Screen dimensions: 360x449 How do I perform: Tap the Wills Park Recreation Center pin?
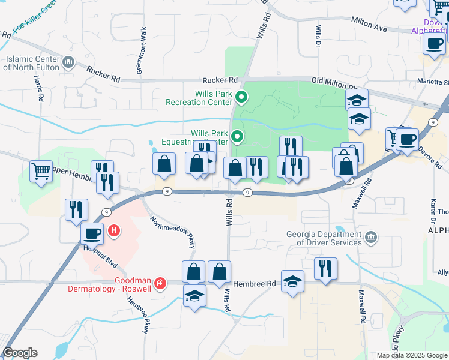click(241, 96)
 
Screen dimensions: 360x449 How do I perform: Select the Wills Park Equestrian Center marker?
click(237, 137)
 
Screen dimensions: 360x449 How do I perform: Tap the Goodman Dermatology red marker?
click(160, 283)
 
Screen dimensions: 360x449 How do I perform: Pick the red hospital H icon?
click(113, 230)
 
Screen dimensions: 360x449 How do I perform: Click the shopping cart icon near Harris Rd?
click(41, 172)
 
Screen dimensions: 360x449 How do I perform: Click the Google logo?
click(20, 353)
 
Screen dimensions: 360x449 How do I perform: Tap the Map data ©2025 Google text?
click(411, 355)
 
